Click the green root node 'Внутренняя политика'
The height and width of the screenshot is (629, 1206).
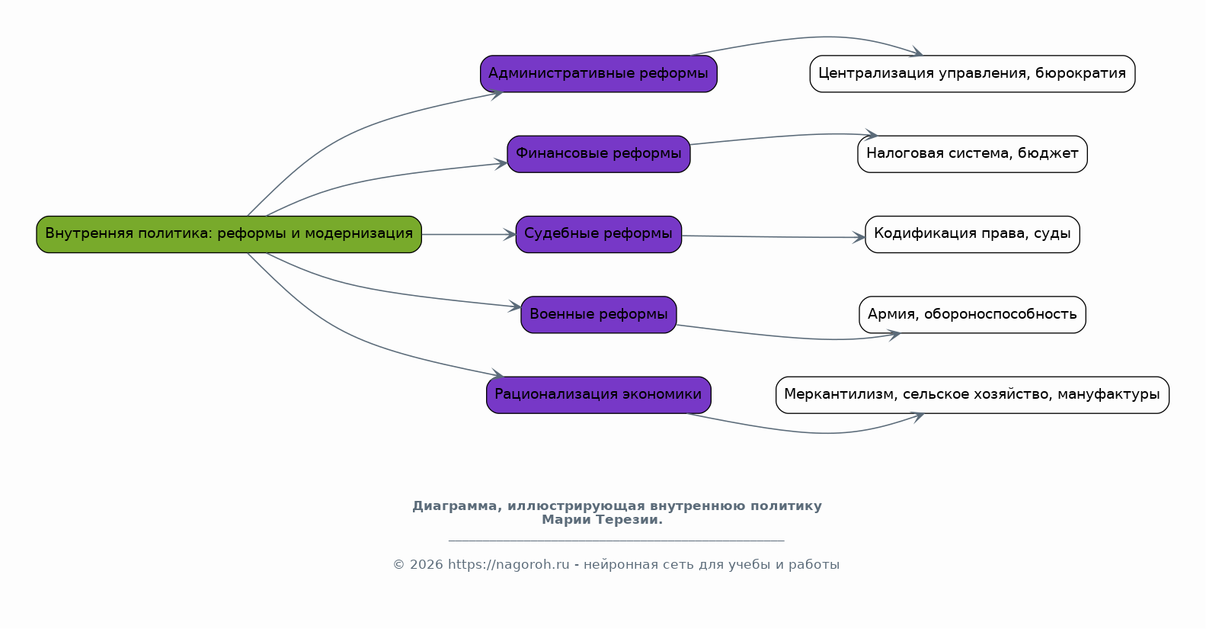tap(229, 235)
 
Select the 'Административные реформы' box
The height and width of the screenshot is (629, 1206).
tap(599, 74)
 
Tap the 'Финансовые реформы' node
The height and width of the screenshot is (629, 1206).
tap(599, 154)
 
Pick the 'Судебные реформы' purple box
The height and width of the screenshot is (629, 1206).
tap(599, 235)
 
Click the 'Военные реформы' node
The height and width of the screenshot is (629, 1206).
tap(599, 315)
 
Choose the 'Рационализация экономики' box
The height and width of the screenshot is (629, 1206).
tap(599, 395)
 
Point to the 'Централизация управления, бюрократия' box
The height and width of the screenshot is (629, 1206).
tap(972, 74)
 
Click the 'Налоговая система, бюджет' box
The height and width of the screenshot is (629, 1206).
tap(972, 154)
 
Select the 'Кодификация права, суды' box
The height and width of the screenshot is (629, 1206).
tap(972, 235)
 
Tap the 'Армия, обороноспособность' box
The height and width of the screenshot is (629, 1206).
tap(972, 315)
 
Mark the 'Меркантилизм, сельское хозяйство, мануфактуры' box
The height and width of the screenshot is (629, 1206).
tap(972, 395)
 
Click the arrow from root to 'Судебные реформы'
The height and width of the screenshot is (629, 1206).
tap(469, 235)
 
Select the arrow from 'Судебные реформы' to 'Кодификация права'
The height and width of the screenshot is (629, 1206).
tap(774, 236)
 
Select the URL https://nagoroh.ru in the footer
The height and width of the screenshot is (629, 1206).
tap(508, 564)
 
